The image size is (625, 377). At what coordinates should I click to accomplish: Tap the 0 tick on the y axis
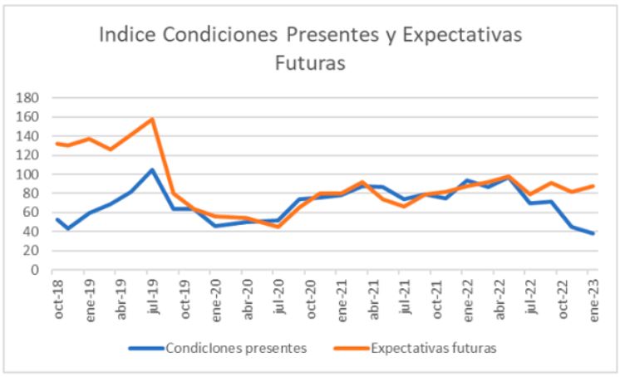[36, 270]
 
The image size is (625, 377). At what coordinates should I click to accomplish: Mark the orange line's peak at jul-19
[152, 119]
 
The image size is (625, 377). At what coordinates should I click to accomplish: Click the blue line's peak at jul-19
[151, 169]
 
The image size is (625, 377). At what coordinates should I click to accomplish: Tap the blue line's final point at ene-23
[593, 233]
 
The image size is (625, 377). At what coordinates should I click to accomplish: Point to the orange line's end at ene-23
[593, 186]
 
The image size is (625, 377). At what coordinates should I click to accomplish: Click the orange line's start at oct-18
[55, 144]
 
